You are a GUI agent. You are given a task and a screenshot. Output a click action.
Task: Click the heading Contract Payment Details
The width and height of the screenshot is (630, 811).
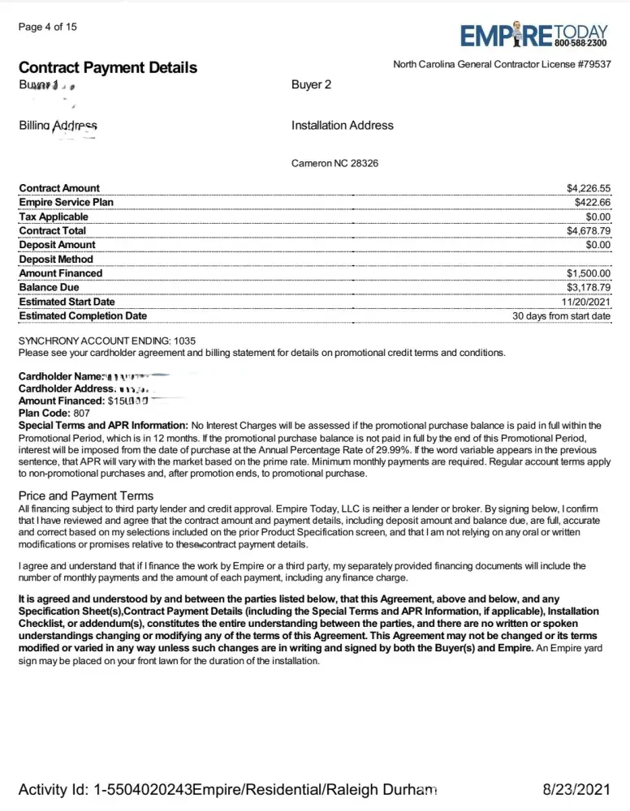click(107, 67)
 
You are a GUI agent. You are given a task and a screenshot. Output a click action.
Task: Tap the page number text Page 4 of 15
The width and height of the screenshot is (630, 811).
click(47, 27)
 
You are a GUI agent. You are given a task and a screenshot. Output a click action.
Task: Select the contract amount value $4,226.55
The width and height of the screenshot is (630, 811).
click(588, 188)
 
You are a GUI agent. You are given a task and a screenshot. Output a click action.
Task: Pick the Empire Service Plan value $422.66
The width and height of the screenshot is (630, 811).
click(592, 202)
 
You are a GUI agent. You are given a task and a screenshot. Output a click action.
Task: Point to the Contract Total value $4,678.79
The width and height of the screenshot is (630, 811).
click(588, 230)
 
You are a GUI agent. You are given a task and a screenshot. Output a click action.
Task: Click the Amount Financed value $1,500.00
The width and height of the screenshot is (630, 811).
click(588, 273)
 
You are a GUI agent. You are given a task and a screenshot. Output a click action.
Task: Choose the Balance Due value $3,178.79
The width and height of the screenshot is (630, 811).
click(588, 287)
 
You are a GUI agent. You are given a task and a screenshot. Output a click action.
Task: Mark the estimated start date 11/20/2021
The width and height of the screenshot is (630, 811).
click(585, 302)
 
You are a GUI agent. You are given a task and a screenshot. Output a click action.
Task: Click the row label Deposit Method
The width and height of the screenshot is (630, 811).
click(56, 259)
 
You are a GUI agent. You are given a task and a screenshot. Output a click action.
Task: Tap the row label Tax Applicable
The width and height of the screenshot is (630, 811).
click(54, 217)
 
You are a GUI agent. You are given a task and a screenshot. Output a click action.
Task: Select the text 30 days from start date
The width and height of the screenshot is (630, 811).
click(561, 315)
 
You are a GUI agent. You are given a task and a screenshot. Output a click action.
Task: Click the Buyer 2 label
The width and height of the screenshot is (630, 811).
click(311, 84)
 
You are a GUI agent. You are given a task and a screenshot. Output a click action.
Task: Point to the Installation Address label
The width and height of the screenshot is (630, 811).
click(342, 125)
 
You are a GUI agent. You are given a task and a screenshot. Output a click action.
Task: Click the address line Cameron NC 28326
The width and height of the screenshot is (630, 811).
click(334, 163)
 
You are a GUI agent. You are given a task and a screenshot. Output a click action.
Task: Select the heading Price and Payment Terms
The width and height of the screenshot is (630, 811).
click(85, 495)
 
